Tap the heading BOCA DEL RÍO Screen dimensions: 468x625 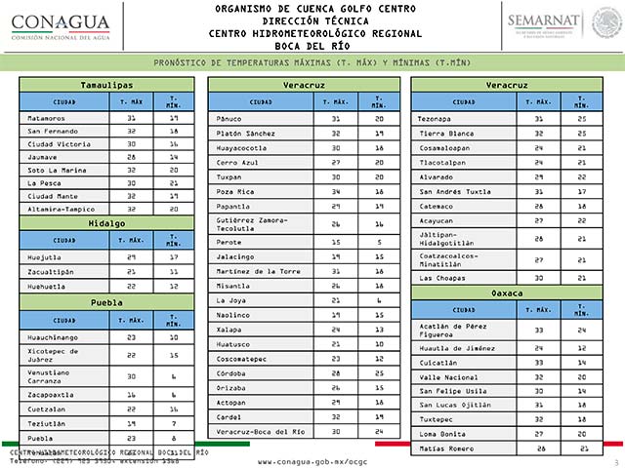coord(312,45)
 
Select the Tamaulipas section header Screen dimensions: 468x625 coord(107,86)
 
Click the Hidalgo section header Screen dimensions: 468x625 coord(107,223)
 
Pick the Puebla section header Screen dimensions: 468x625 coord(107,303)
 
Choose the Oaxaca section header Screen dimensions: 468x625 coord(507,292)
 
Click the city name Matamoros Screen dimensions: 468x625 coord(47,117)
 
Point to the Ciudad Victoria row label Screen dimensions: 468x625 coord(58,142)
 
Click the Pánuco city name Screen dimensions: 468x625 coord(229,118)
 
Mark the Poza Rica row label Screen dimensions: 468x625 coord(234,193)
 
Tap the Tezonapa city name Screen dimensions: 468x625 coord(435,118)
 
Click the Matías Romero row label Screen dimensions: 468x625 coord(445,448)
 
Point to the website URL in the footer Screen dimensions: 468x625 coord(312,460)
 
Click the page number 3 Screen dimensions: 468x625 coord(616,460)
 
